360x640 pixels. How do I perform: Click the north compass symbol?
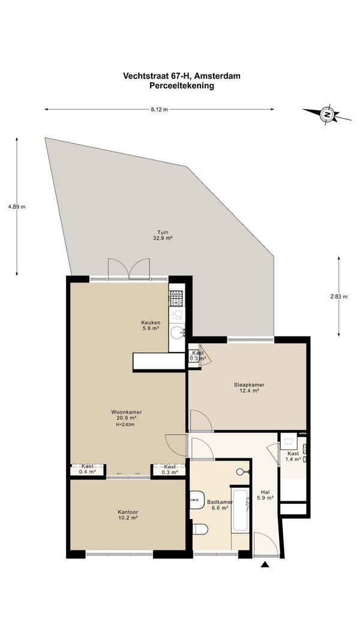tap(326, 115)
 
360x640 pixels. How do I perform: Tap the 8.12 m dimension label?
tap(159, 109)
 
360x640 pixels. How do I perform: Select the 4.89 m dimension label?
tap(17, 206)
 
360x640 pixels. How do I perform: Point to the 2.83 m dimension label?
tap(339, 297)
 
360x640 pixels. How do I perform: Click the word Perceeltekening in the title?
tap(182, 86)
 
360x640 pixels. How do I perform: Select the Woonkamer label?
tap(126, 412)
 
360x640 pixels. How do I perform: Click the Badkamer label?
tap(220, 502)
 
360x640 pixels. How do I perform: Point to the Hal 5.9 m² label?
tap(265, 495)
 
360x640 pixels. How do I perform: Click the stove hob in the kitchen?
tap(176, 298)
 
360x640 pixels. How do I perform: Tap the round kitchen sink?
tap(178, 333)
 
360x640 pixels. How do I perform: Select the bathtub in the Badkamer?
tap(240, 510)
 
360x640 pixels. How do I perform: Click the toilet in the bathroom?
tap(200, 529)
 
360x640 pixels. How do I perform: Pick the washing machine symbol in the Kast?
tap(289, 441)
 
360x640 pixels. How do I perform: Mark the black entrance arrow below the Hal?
tap(265, 564)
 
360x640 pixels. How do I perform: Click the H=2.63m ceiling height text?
tap(125, 425)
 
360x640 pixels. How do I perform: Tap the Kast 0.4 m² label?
tap(88, 469)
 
